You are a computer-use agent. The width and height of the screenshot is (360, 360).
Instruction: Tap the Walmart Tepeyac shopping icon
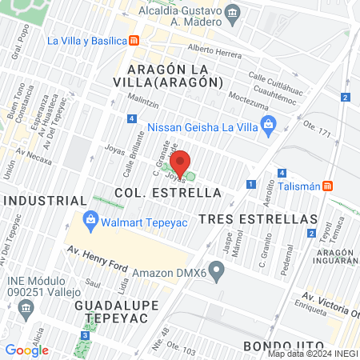click(x=90, y=218)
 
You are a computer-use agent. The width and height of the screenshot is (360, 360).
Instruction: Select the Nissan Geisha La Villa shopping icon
click(x=269, y=123)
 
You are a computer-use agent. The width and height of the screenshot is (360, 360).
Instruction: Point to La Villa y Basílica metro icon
click(x=135, y=40)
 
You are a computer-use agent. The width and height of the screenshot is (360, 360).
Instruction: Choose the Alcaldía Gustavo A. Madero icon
click(x=232, y=13)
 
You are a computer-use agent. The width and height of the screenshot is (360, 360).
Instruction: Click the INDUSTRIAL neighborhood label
click(x=44, y=199)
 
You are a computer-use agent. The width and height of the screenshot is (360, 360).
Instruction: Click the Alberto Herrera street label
click(x=214, y=49)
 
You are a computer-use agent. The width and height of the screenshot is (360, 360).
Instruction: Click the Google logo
click(x=26, y=350)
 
